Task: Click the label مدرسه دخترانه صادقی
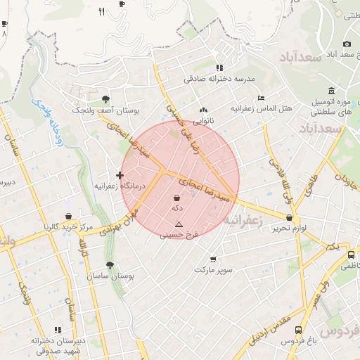[219, 79]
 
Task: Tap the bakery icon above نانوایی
[204, 110]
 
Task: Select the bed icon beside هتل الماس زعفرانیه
[262, 98]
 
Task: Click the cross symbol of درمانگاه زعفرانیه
[120, 175]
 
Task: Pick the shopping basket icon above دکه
[176, 198]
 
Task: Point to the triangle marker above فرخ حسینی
[179, 224]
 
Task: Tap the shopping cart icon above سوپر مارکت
[212, 259]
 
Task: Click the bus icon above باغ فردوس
[299, 330]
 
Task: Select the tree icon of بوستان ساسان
[110, 265]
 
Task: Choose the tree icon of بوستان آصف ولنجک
[105, 99]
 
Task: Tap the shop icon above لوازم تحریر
[290, 217]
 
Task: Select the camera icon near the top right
[347, 44]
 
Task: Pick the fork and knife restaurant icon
[101, 11]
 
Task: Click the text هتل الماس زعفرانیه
[262, 110]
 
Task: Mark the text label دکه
[176, 209]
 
